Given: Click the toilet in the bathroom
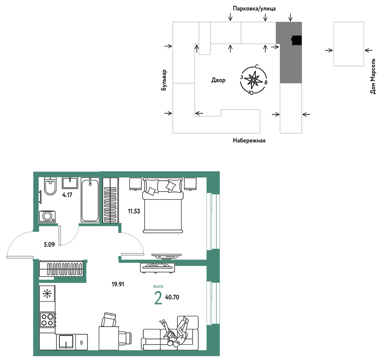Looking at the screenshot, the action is tap(50, 186).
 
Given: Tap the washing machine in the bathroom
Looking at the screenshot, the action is tap(47, 217).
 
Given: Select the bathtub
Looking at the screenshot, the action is tap(90, 200).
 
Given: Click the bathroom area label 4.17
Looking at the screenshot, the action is tap(67, 195).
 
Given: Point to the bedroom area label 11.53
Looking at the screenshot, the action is tap(134, 211).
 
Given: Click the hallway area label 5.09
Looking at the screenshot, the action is tap(49, 244).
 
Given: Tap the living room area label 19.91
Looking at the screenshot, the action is tap(118, 284).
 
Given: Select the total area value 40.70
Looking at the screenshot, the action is tap(172, 297).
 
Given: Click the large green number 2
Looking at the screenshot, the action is tap(158, 298).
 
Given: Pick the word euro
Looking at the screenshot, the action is tap(158, 286).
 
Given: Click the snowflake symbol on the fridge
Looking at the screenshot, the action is tap(47, 294).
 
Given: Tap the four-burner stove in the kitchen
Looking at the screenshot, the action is tap(47, 320).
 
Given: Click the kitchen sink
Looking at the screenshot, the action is tap(66, 342).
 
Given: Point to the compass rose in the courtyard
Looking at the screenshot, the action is tap(253, 80).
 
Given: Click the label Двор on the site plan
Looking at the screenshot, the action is tap(218, 80).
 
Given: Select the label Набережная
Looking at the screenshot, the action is tap(249, 140).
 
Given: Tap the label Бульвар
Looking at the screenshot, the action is tap(164, 80).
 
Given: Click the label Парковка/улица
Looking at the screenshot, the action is tap(254, 9).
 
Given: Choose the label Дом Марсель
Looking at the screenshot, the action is tap(373, 76).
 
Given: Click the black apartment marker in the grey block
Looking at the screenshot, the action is tap(297, 40).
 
